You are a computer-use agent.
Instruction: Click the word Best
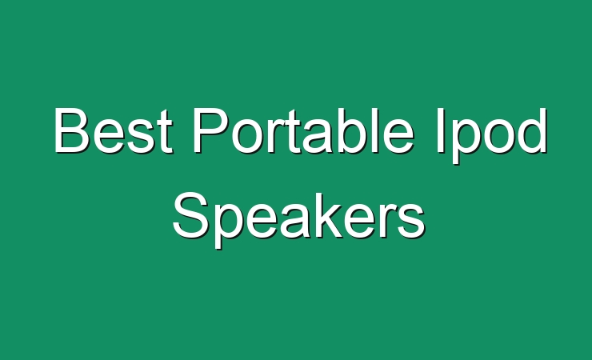click(114, 130)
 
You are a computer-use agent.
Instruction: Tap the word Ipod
click(491, 136)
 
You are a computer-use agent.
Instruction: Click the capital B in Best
click(72, 130)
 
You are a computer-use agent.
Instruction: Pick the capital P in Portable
click(210, 130)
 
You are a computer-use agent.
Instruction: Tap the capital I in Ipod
click(440, 130)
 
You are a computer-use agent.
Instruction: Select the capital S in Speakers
click(191, 215)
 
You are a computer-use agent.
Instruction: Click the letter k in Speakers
click(326, 215)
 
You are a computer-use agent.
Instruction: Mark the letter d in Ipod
click(531, 130)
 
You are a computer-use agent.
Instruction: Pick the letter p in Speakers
click(231, 226)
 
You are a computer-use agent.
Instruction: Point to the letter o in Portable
click(246, 137)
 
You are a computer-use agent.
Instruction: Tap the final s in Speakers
click(411, 222)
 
